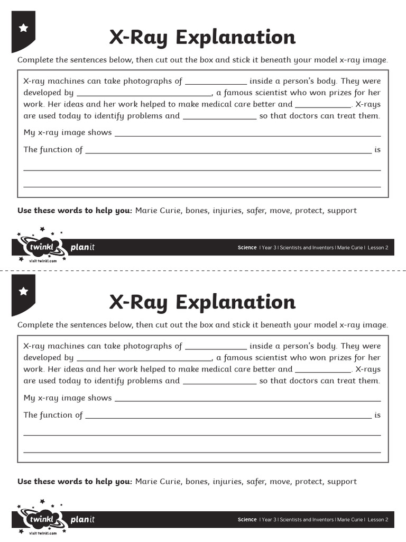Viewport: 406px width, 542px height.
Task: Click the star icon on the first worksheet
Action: click(x=23, y=28)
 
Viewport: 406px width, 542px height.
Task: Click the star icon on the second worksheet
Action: click(x=23, y=291)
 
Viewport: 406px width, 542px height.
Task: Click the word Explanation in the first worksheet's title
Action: click(x=235, y=38)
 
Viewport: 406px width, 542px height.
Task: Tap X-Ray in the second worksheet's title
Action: click(x=140, y=302)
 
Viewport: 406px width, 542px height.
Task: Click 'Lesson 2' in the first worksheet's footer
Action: click(x=378, y=248)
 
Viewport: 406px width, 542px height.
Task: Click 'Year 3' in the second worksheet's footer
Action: click(x=269, y=520)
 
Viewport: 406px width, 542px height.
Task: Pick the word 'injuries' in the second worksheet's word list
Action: click(x=227, y=482)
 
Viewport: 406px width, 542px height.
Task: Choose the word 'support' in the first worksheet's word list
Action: click(x=342, y=211)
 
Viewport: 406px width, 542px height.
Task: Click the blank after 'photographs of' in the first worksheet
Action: click(x=216, y=82)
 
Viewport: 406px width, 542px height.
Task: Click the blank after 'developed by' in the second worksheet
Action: click(x=144, y=358)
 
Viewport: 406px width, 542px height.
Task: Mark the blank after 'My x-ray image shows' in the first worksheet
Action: click(x=247, y=133)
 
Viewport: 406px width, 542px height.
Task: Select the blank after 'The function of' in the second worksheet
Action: click(x=228, y=416)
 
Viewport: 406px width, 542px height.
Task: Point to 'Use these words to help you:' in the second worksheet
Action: click(x=75, y=482)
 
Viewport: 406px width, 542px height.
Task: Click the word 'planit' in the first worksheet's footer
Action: click(x=82, y=247)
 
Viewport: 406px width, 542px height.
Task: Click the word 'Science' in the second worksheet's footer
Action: click(x=247, y=520)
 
